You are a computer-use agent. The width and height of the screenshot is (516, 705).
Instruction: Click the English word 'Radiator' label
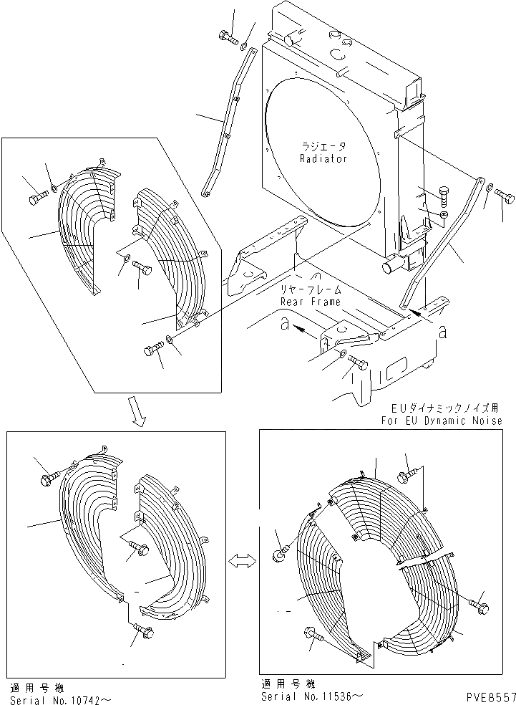coord(323,159)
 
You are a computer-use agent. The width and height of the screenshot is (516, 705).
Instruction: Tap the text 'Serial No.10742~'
coord(61,699)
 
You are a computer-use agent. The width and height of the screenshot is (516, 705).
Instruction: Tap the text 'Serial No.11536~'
coord(312,696)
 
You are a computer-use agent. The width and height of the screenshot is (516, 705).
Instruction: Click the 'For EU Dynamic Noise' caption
coord(442,421)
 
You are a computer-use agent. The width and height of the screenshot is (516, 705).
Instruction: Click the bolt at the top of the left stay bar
coord(228,36)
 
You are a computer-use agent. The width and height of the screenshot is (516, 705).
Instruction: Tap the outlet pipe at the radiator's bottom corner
coord(391,267)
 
